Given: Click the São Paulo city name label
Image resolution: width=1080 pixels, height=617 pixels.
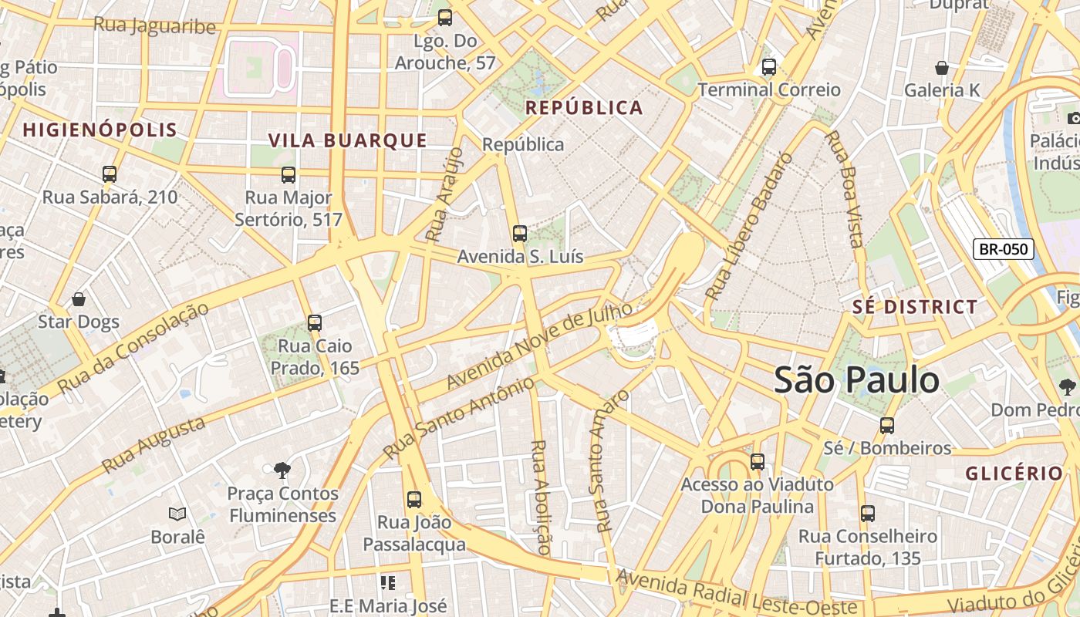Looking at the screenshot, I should point(856,380).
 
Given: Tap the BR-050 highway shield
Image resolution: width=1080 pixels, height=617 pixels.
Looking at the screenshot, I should point(1003,248).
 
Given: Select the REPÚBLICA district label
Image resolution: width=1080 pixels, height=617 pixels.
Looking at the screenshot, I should point(584,108).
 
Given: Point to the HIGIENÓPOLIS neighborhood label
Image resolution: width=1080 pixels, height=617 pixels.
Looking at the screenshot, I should point(100,130).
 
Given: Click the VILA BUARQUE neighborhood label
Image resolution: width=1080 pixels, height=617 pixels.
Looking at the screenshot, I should point(347,140).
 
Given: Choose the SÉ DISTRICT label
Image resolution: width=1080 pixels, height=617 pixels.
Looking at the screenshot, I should point(915,307).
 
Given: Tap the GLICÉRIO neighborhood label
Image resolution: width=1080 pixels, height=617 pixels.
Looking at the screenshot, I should point(1014,473).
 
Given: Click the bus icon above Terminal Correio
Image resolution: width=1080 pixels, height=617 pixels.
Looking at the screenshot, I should point(768,67).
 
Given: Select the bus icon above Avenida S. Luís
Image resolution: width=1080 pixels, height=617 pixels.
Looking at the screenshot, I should point(520,233).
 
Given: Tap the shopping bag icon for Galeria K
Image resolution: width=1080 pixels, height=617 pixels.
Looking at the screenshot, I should point(941,68).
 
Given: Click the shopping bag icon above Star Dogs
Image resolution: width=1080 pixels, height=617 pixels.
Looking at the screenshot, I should point(78,299).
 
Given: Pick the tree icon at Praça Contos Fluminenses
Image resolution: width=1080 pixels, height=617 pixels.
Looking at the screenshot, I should point(282,469).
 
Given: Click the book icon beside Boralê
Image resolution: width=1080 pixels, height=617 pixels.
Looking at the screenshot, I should point(177,514).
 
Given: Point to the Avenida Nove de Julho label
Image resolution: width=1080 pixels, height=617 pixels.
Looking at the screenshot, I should point(539,346).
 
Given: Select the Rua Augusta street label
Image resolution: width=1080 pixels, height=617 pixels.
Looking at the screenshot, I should point(154,445).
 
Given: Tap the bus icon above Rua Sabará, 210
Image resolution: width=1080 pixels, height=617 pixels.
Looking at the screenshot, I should point(110,174).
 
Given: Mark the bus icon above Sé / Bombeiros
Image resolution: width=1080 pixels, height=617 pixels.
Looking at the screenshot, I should point(887,425).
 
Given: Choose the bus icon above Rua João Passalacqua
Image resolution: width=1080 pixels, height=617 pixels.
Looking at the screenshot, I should point(414,499).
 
